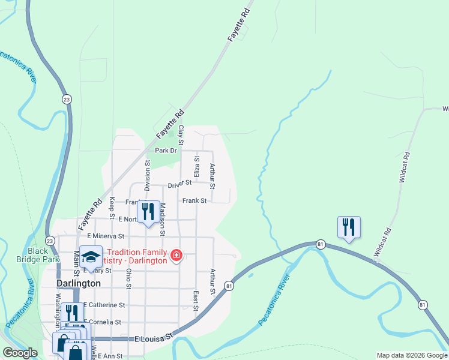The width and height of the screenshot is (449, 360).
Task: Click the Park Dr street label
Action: click(x=166, y=151)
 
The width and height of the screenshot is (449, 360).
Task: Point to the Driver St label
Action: click(x=179, y=182)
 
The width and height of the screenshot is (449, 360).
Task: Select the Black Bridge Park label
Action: click(x=43, y=255)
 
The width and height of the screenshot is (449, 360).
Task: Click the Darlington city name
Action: click(x=78, y=283)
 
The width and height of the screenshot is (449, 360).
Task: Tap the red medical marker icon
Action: click(x=176, y=256)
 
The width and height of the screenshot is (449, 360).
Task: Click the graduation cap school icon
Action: click(x=91, y=257)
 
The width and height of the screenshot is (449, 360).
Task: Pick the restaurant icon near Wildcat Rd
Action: click(x=349, y=227)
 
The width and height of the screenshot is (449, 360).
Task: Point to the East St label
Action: click(x=196, y=296)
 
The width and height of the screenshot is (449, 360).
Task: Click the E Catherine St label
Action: click(x=107, y=305)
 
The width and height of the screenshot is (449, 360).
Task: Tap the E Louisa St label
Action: click(x=154, y=338)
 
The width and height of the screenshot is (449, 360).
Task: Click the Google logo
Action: click(x=20, y=353)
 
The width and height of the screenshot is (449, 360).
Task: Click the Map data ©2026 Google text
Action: click(x=412, y=355)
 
